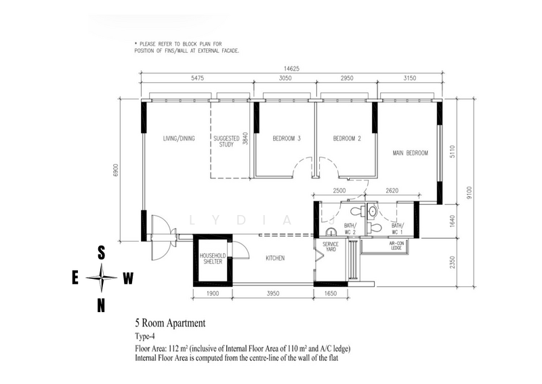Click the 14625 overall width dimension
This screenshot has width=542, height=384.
[291, 69]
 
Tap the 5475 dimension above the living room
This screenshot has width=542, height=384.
[197, 78]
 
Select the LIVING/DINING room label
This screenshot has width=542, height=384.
[179, 138]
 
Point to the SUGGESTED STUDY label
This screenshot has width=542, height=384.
[226, 141]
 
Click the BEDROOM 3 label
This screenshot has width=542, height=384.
[287, 138]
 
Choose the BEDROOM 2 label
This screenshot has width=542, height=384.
[347, 138]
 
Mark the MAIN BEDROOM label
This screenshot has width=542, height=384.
[411, 153]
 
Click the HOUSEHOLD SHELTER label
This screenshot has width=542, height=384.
[213, 258]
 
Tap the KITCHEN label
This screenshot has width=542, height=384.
[275, 258]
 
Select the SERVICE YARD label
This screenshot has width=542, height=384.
[331, 246]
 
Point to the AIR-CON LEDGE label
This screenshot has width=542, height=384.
[396, 246]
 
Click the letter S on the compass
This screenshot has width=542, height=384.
[101, 253]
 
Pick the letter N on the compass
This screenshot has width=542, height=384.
[101, 306]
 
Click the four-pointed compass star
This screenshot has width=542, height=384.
[101, 277]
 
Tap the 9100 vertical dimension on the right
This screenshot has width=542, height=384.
[469, 193]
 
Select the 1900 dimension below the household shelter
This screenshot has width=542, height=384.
[213, 294]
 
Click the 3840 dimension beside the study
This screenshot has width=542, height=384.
[245, 138]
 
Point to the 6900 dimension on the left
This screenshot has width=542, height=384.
[116, 170]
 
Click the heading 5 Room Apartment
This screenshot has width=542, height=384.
[170, 323]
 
